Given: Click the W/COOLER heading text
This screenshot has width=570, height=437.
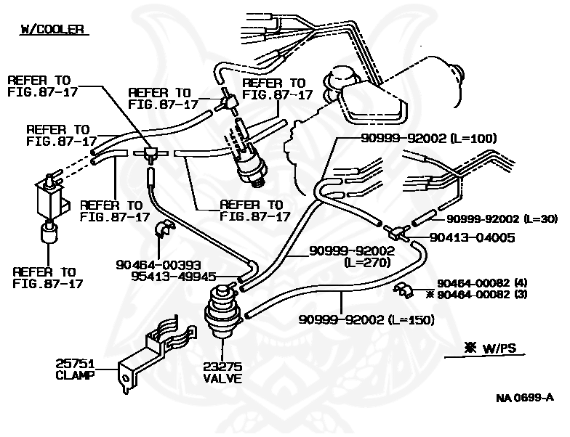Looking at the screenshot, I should (52, 30).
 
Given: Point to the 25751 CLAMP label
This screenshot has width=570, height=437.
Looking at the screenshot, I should (76, 369).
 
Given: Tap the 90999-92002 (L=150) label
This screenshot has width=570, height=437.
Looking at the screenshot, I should (366, 319).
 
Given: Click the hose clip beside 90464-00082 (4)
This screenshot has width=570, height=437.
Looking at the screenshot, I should (402, 291).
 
